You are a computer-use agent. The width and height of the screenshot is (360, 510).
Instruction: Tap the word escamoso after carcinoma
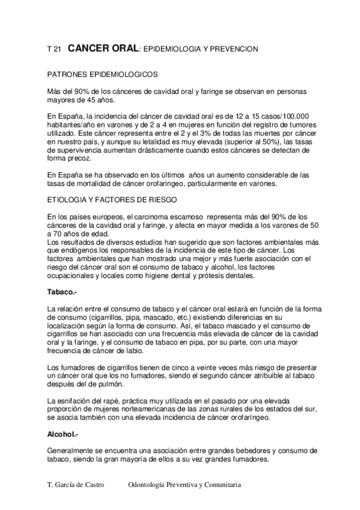(182, 217)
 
